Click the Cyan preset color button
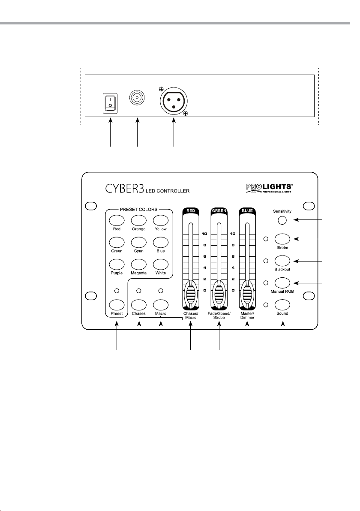[138, 242]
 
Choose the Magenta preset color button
[138, 264]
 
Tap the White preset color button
[160, 264]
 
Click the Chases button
[138, 305]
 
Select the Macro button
[160, 305]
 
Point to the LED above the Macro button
[160, 291]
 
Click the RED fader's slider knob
[190, 295]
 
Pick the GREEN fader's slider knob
[219, 295]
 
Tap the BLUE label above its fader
[247, 210]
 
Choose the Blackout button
[282, 261]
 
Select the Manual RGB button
[282, 283]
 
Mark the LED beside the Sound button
[266, 305]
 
